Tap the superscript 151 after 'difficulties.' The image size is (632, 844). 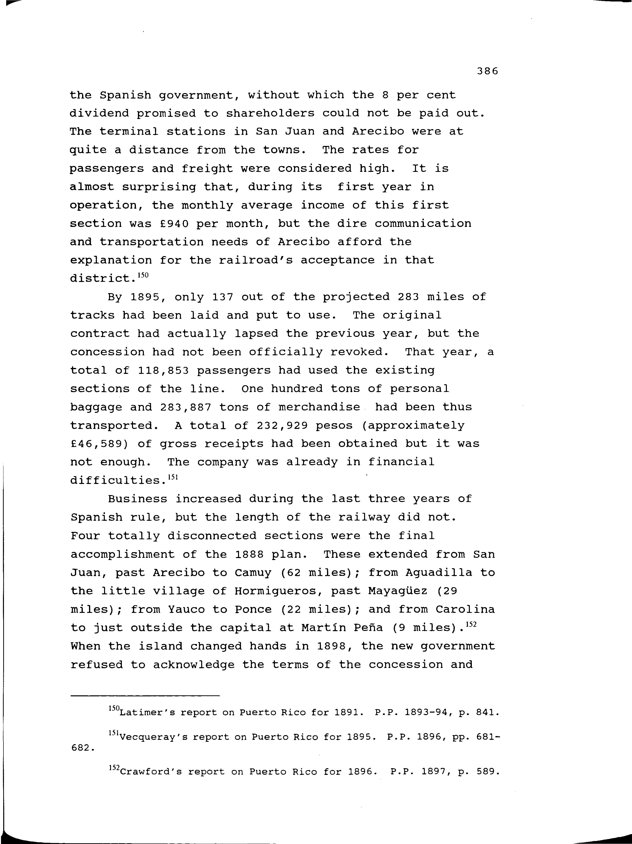click(x=173, y=477)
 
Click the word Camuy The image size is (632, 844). click(x=253, y=573)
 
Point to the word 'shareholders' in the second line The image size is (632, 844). click(x=270, y=113)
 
